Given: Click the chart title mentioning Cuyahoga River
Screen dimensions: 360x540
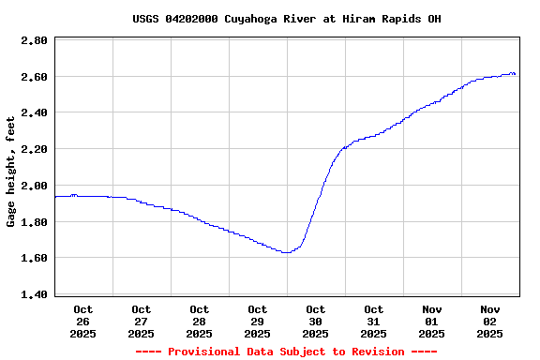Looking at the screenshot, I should [x=286, y=19].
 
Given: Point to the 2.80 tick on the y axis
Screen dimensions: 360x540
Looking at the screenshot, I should [x=35, y=40].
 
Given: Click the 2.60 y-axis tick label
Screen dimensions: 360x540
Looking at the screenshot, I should [x=35, y=77].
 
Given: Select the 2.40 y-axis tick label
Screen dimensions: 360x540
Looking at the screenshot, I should [x=35, y=112].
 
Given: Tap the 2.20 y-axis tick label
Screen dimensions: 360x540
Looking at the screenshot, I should [x=35, y=149].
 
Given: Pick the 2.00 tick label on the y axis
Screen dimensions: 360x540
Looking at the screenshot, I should [x=35, y=186].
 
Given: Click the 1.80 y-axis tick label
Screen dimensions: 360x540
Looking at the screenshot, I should [x=35, y=222].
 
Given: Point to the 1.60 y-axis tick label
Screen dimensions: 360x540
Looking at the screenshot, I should [x=35, y=258].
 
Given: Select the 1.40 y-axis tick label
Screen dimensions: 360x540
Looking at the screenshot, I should [x=35, y=294].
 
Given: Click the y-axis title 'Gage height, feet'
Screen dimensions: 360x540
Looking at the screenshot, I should [x=11, y=172].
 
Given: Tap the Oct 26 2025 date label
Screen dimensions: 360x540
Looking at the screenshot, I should [x=83, y=321].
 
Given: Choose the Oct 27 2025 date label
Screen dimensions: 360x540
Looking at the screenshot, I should [x=142, y=321].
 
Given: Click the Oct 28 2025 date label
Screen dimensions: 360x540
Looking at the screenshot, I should [x=200, y=321].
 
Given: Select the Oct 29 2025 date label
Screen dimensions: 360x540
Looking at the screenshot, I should [x=258, y=321].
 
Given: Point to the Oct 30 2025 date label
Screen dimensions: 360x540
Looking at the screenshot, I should [x=316, y=321].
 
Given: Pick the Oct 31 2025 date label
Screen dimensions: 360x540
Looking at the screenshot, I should [x=374, y=321].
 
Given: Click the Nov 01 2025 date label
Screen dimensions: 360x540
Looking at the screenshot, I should [x=432, y=321].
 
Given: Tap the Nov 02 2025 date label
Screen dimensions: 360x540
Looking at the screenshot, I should [x=490, y=321].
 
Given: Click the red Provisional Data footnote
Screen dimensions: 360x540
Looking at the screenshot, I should [x=286, y=352].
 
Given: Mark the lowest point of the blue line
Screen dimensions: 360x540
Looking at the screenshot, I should [x=285, y=252].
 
